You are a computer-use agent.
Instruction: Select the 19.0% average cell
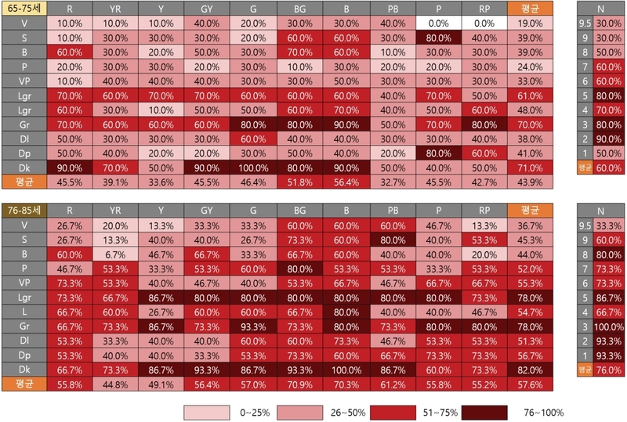tap(530, 23)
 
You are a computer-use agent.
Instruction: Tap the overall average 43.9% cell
tap(530, 182)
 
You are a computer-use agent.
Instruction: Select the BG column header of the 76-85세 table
tap(299, 210)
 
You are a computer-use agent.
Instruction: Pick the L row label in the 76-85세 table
tap(24, 311)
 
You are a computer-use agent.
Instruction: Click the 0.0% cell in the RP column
tap(484, 23)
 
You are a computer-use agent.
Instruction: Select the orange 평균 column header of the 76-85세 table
tap(530, 210)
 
